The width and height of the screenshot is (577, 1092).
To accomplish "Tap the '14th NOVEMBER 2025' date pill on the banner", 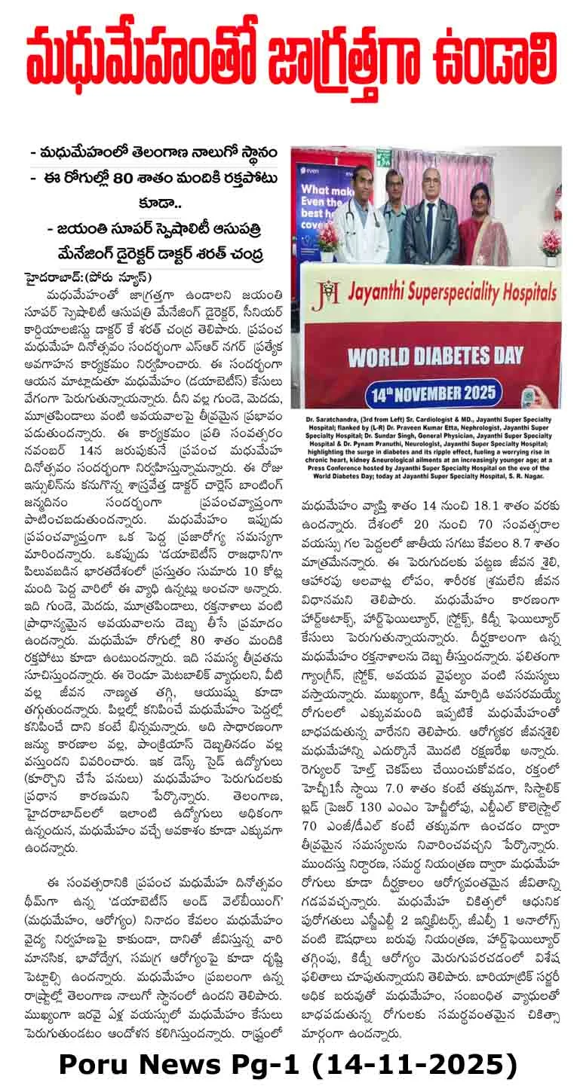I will pyautogui.click(x=432, y=393).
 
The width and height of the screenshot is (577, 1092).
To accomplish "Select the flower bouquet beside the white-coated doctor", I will pyautogui.click(x=327, y=240).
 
